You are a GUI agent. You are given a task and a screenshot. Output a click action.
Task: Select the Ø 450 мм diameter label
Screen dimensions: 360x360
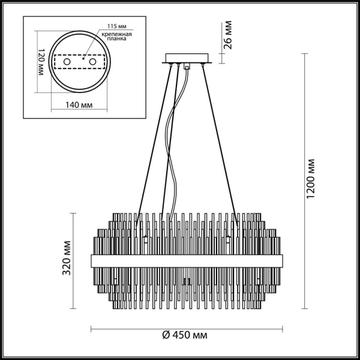(187, 335)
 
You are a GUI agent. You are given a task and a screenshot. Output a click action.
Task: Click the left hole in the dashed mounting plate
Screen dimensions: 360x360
(67, 62)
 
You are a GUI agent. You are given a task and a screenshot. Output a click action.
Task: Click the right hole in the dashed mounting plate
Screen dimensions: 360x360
(92, 62)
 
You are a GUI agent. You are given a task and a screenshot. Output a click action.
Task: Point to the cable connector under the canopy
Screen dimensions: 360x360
(187, 67)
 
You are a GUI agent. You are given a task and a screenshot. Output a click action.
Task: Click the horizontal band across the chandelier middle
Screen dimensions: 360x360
(187, 260)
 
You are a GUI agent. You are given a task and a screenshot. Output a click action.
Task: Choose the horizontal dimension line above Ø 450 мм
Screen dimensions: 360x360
(187, 328)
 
